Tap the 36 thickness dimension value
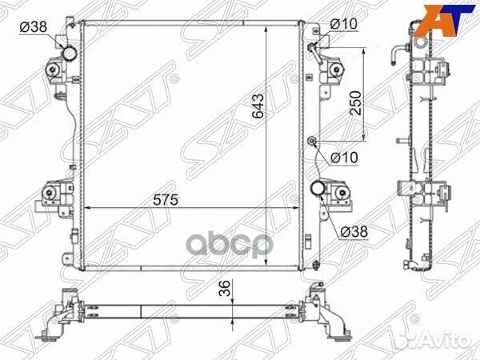coord(226,290)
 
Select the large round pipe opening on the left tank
coord(71,55)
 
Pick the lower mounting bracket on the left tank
coord(54,195)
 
